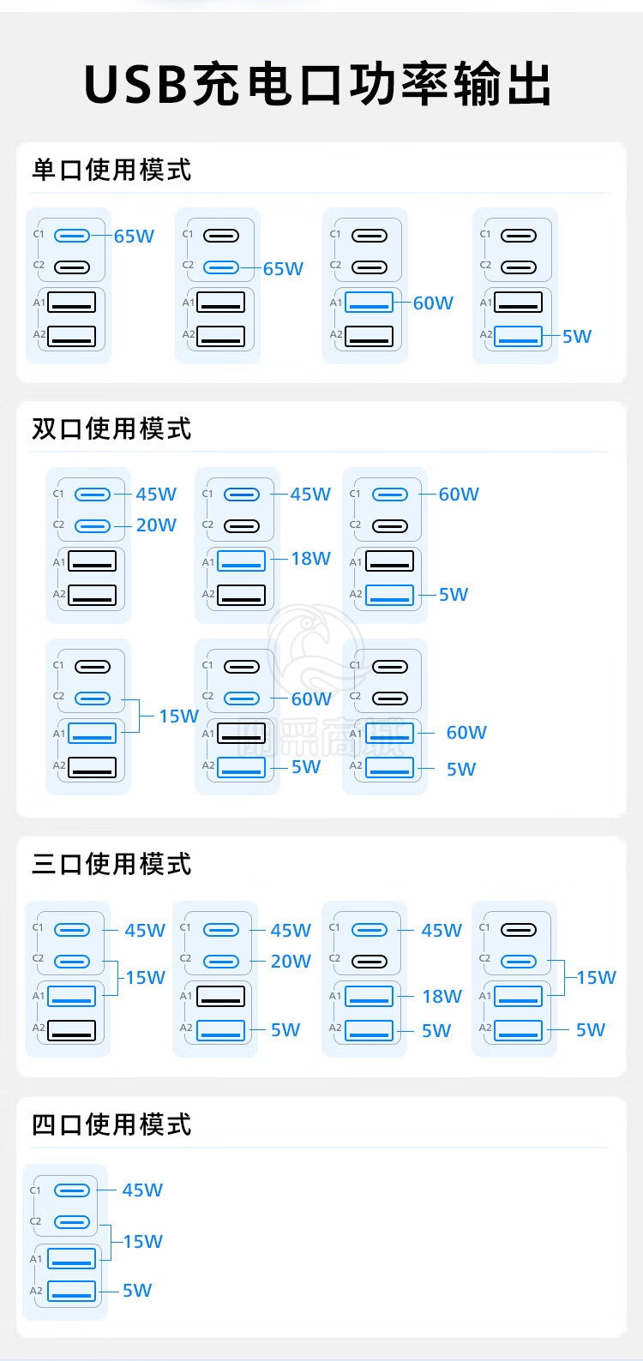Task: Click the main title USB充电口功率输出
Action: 317,83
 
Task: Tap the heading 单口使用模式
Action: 111,170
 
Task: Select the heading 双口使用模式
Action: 111,429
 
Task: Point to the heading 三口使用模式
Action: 111,863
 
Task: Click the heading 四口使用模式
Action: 111,1124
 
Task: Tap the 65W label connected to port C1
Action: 135,236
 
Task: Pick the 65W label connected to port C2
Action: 283,268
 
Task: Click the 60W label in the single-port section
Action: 433,303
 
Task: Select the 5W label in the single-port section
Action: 577,336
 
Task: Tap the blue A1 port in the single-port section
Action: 369,302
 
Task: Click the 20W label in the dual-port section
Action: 156,525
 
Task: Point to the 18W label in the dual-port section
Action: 310,558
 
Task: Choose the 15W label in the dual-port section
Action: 178,716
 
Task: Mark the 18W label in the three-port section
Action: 442,996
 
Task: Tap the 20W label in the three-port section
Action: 291,961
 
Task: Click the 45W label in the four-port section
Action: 143,1190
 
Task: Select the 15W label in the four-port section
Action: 143,1241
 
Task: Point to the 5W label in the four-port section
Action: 137,1290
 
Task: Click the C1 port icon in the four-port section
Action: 72,1190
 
